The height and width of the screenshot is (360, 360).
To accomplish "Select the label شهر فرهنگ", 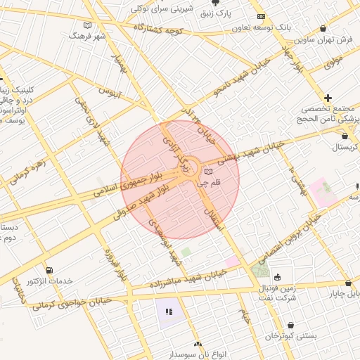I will pyautogui.click(x=87, y=35).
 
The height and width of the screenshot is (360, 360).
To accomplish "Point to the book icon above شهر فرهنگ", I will pyautogui.click(x=87, y=25).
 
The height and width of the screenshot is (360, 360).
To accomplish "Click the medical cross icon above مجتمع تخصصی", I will pyautogui.click(x=328, y=98).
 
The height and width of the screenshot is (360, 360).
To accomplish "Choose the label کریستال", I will pyautogui.click(x=344, y=149).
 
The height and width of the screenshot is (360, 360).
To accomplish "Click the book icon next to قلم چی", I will pyautogui.click(x=207, y=172).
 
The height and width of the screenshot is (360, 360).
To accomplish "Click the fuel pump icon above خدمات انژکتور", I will pyautogui.click(x=49, y=271).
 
